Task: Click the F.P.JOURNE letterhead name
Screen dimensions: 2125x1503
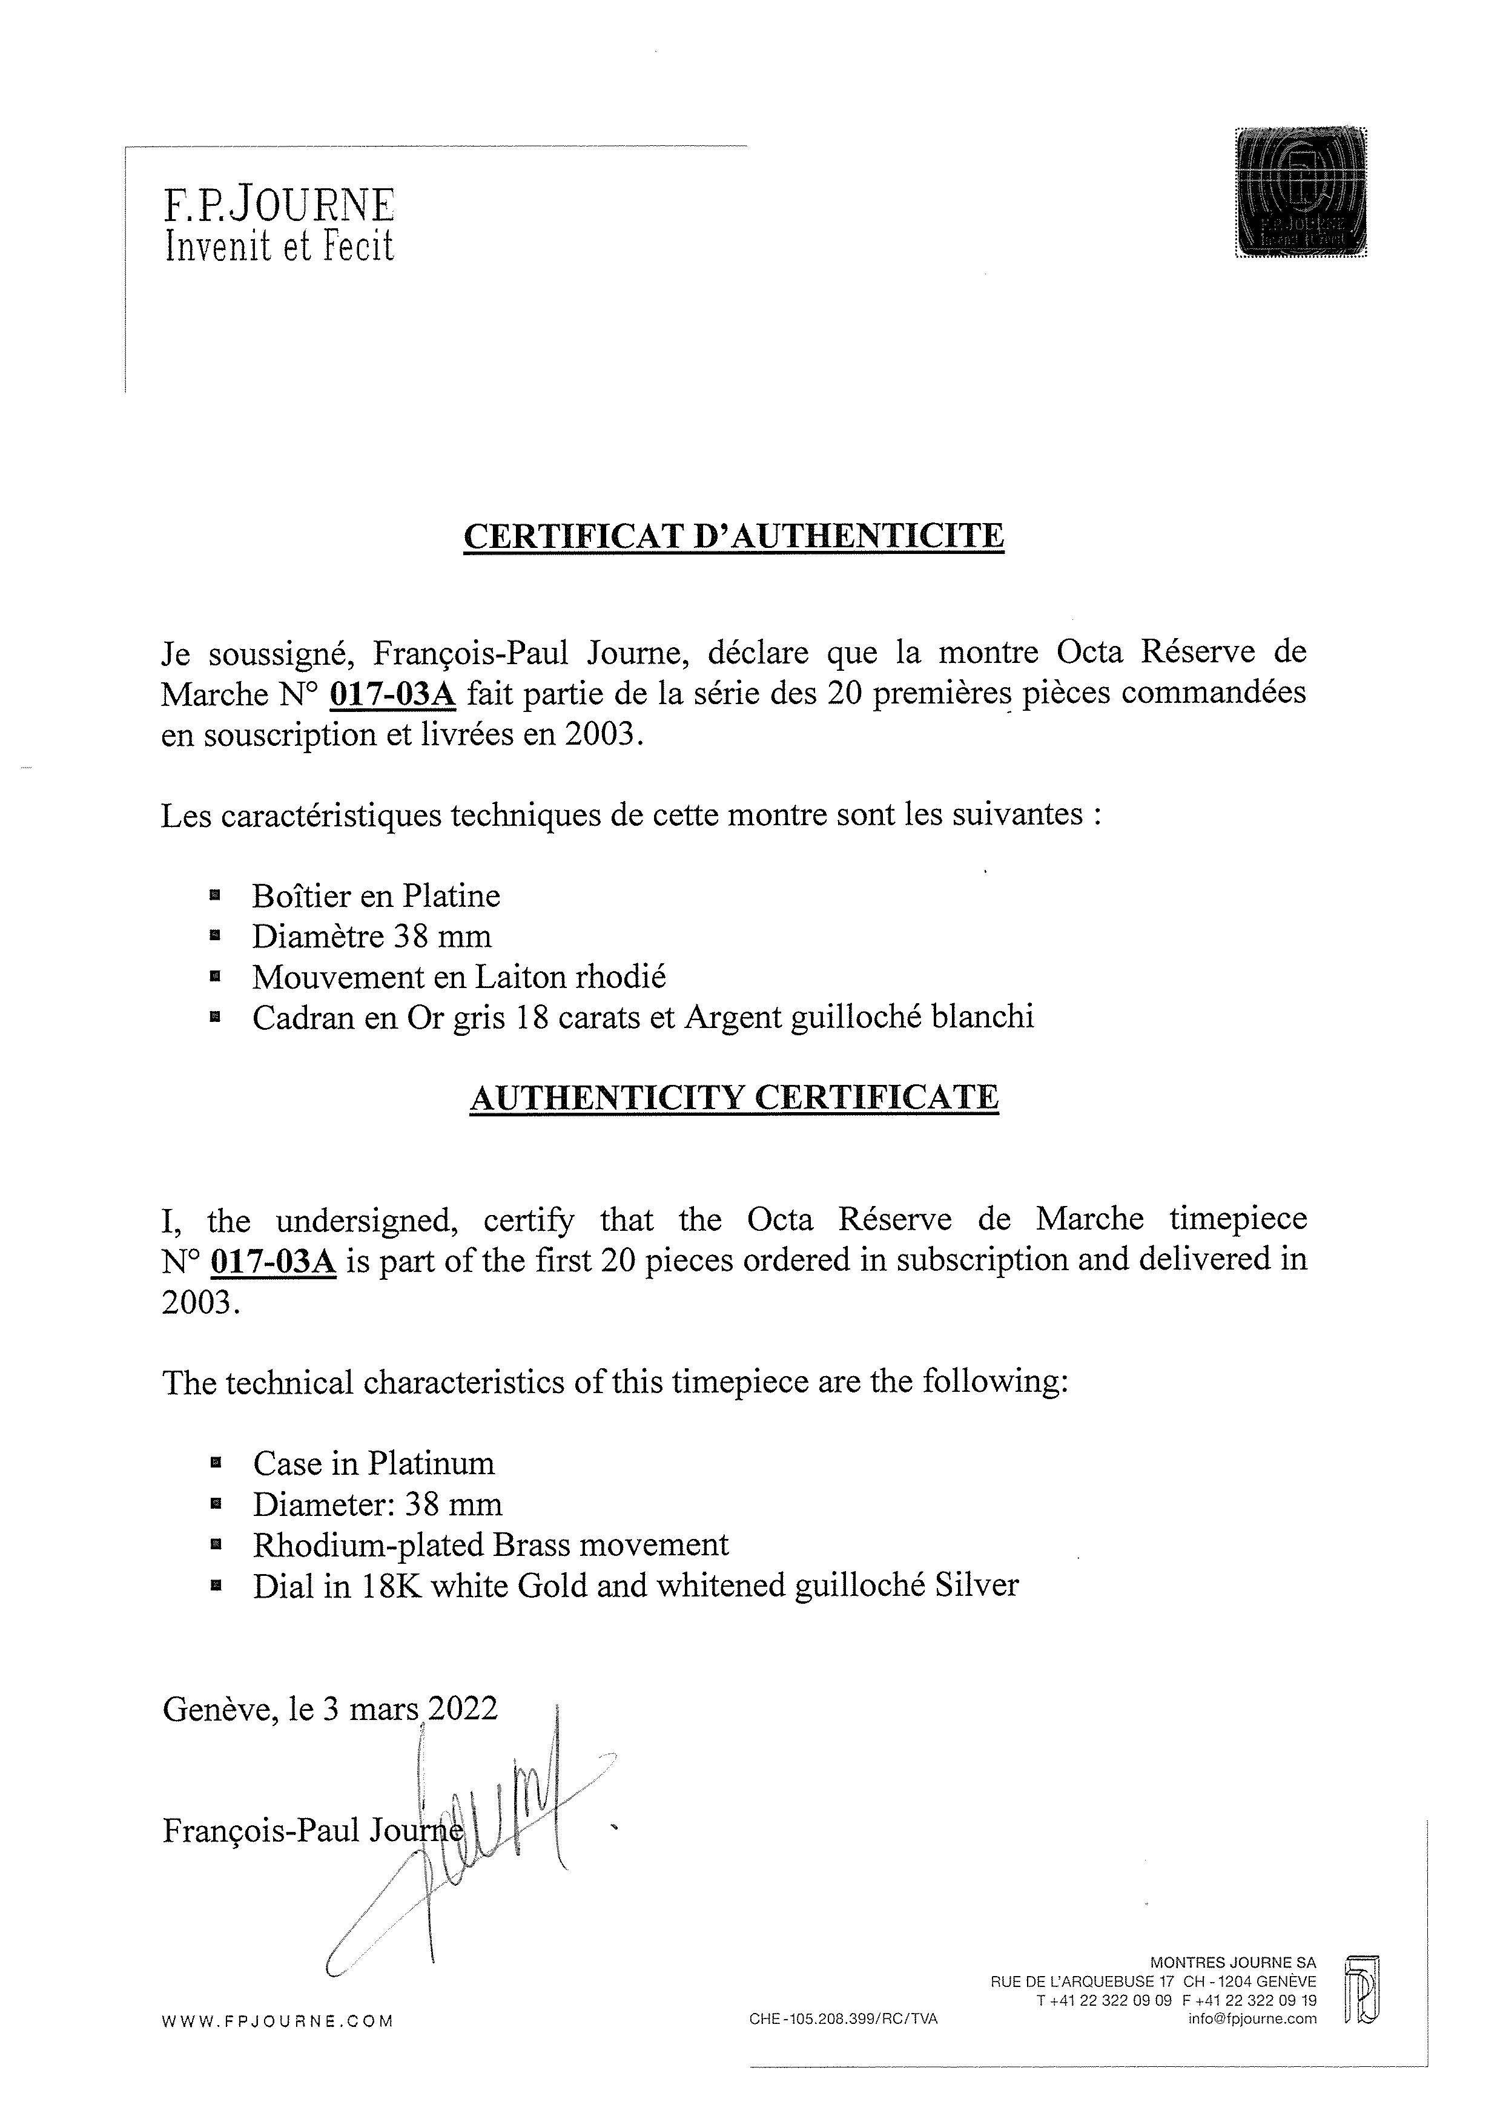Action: [x=280, y=205]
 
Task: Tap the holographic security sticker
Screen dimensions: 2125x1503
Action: [x=1301, y=193]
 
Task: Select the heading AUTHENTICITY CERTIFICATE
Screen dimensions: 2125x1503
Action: [x=734, y=1096]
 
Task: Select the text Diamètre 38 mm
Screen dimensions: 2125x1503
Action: [x=371, y=936]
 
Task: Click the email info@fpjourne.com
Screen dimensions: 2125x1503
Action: [x=1252, y=2018]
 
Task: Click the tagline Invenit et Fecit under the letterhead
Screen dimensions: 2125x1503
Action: [x=280, y=245]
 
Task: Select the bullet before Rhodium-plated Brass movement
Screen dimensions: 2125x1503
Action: [x=216, y=1544]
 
